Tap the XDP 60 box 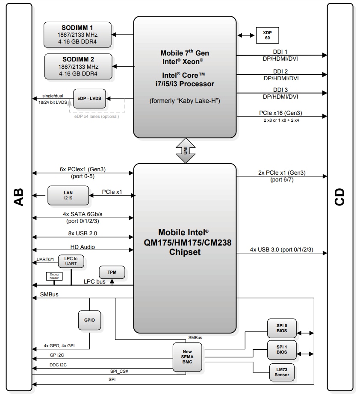point(266,35)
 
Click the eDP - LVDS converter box point(89,99)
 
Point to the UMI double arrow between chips point(185,150)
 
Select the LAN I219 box point(68,196)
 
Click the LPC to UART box point(71,261)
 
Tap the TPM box point(112,272)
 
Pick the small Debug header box point(54,277)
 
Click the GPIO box point(89,320)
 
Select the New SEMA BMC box point(186,356)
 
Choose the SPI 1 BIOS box point(281,350)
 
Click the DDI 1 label point(280,51)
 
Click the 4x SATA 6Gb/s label point(83,214)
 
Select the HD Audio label point(83,247)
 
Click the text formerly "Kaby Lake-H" point(185,101)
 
